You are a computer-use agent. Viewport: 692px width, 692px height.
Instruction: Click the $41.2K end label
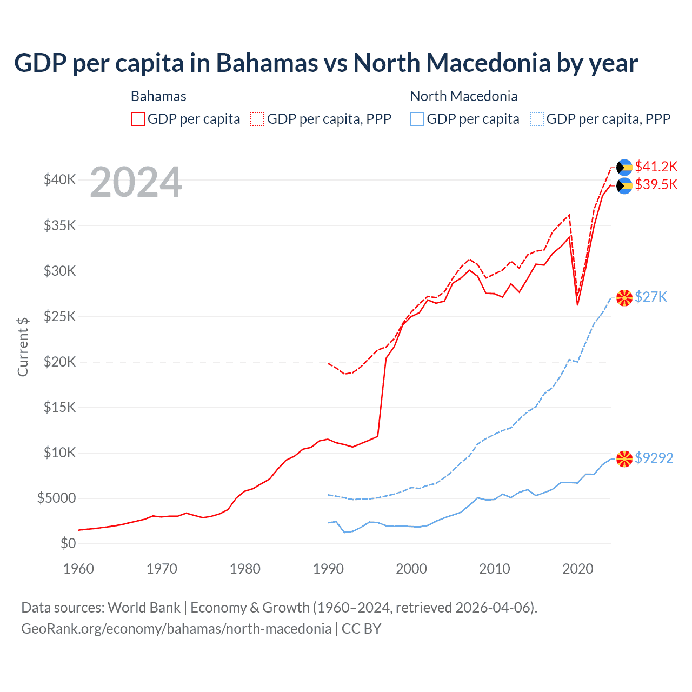[x=656, y=167]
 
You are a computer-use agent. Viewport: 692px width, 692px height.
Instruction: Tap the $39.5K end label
[x=656, y=185]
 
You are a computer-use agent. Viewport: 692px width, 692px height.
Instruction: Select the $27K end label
[x=651, y=297]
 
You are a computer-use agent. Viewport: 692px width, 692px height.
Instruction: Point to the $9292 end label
[x=654, y=458]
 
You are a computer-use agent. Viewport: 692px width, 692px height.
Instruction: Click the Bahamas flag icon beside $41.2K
[x=624, y=167]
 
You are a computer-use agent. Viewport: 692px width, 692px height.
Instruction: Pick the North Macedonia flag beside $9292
[x=624, y=459]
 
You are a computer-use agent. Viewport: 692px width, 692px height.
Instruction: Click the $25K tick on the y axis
[x=60, y=316]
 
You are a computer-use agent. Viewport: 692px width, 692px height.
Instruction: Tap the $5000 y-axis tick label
[x=57, y=498]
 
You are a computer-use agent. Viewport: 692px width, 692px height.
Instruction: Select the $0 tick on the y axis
[x=68, y=543]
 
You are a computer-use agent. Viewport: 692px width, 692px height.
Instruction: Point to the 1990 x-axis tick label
[x=328, y=569]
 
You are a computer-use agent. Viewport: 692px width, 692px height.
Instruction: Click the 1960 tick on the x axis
[x=79, y=569]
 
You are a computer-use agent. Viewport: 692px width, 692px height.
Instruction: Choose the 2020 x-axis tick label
[x=577, y=569]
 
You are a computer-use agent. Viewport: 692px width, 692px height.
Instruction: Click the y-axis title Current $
[x=23, y=347]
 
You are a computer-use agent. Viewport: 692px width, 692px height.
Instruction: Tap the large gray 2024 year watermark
[x=136, y=183]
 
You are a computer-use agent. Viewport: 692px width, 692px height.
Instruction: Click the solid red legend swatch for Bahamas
[x=138, y=119]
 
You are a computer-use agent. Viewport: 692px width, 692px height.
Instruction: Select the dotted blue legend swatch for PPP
[x=537, y=119]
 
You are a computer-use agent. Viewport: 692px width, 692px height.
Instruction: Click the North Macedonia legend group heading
[x=464, y=96]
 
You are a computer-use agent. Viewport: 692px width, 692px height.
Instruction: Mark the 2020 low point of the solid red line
[x=577, y=305]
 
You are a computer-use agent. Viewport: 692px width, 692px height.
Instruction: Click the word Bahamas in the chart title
[x=267, y=63]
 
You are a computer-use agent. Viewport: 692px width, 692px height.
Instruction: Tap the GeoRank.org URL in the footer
[x=176, y=629]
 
